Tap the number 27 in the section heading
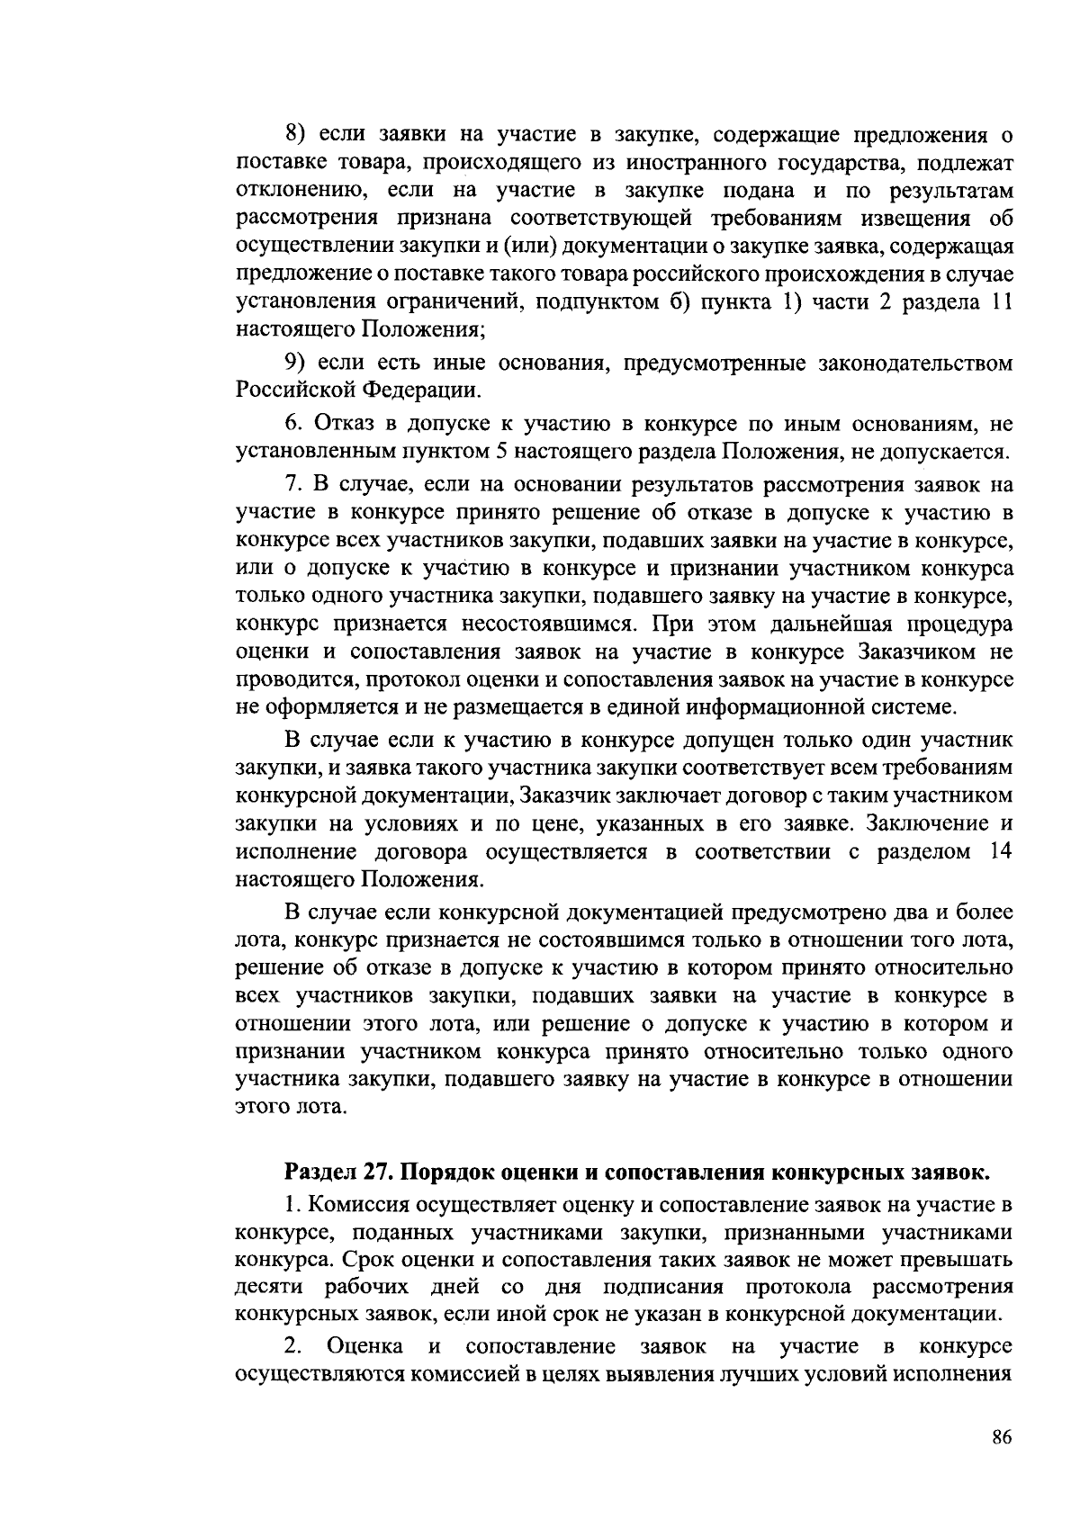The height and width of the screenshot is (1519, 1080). [x=376, y=1173]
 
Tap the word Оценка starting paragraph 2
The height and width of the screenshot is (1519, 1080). [x=364, y=1346]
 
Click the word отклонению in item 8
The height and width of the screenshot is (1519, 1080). [x=301, y=191]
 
